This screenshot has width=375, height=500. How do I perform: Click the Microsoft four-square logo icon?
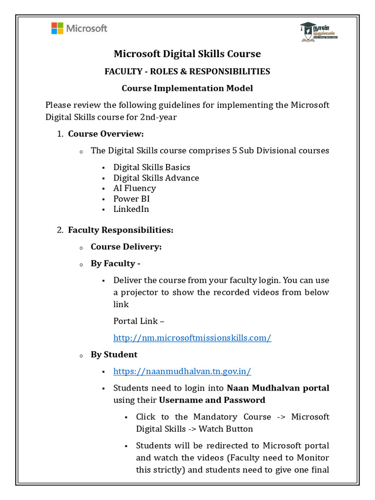[x=57, y=28]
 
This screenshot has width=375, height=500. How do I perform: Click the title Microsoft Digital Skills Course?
[x=187, y=54]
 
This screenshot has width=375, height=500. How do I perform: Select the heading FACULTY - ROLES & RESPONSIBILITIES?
[x=187, y=72]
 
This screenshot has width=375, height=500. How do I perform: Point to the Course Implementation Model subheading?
[x=187, y=88]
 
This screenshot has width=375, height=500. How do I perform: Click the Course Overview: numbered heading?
[x=106, y=134]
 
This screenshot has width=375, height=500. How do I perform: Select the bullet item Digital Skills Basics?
[x=152, y=167]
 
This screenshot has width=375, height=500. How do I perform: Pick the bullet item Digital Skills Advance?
[x=156, y=178]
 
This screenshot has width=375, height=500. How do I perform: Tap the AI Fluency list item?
[x=135, y=188]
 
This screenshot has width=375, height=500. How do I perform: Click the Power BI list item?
[x=132, y=199]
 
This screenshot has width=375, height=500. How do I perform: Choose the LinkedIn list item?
[x=131, y=209]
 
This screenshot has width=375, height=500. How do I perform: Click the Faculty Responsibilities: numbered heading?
[x=121, y=229]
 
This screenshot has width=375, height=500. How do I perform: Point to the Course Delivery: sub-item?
[x=126, y=247]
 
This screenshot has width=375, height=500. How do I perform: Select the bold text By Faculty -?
[x=116, y=264]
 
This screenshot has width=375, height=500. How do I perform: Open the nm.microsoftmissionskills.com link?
[x=192, y=338]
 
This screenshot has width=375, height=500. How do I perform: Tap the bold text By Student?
[x=114, y=354]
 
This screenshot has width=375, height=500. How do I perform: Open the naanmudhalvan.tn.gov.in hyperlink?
[x=182, y=371]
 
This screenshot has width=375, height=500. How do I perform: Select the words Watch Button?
[x=229, y=429]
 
